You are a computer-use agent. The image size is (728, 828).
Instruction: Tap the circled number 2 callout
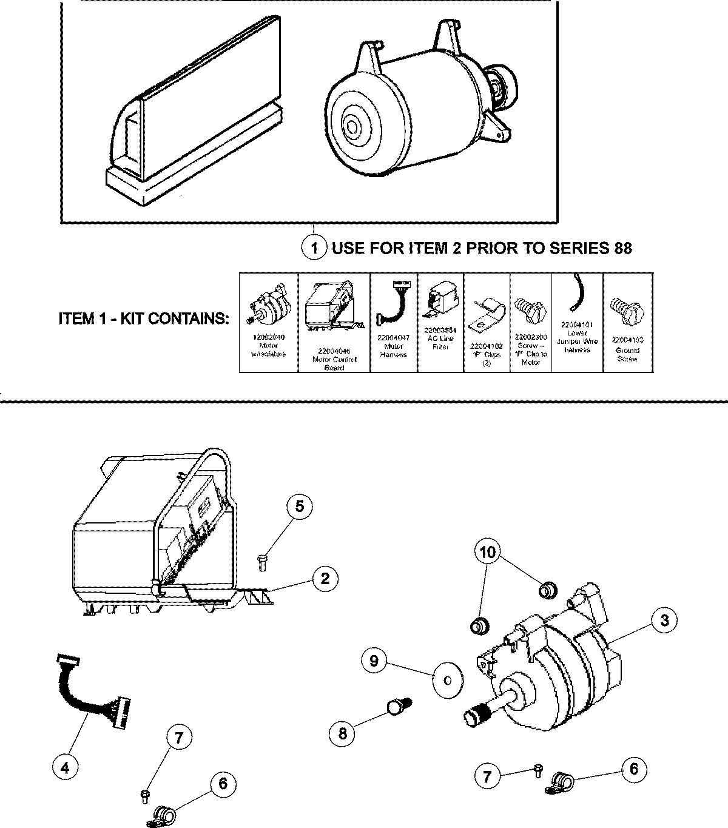(x=325, y=579)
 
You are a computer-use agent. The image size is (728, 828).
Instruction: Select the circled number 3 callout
(x=665, y=620)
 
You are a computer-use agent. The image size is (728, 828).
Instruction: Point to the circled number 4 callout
(x=65, y=768)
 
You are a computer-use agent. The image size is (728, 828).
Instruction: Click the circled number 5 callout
(x=300, y=507)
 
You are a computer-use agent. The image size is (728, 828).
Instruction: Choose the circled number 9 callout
(x=374, y=661)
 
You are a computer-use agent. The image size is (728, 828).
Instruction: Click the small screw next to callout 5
(x=262, y=562)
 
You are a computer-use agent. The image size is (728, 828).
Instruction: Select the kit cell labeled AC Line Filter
(x=441, y=321)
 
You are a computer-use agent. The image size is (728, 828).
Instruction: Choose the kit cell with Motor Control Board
(x=334, y=321)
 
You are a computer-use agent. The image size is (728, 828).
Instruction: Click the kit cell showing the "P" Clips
(x=487, y=321)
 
